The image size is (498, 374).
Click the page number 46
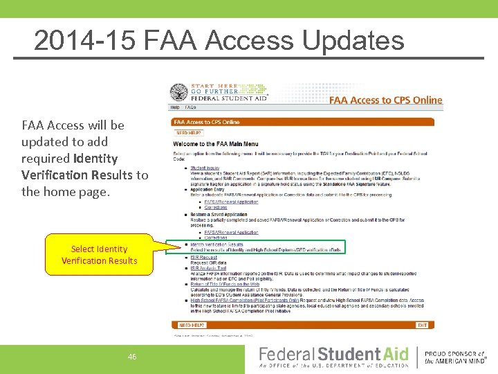(x=132, y=357)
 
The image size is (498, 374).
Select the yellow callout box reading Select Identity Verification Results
(x=99, y=255)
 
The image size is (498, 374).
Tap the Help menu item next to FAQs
(x=175, y=108)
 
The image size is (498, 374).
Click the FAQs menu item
(x=190, y=108)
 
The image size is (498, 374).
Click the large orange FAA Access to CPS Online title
(x=385, y=100)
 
